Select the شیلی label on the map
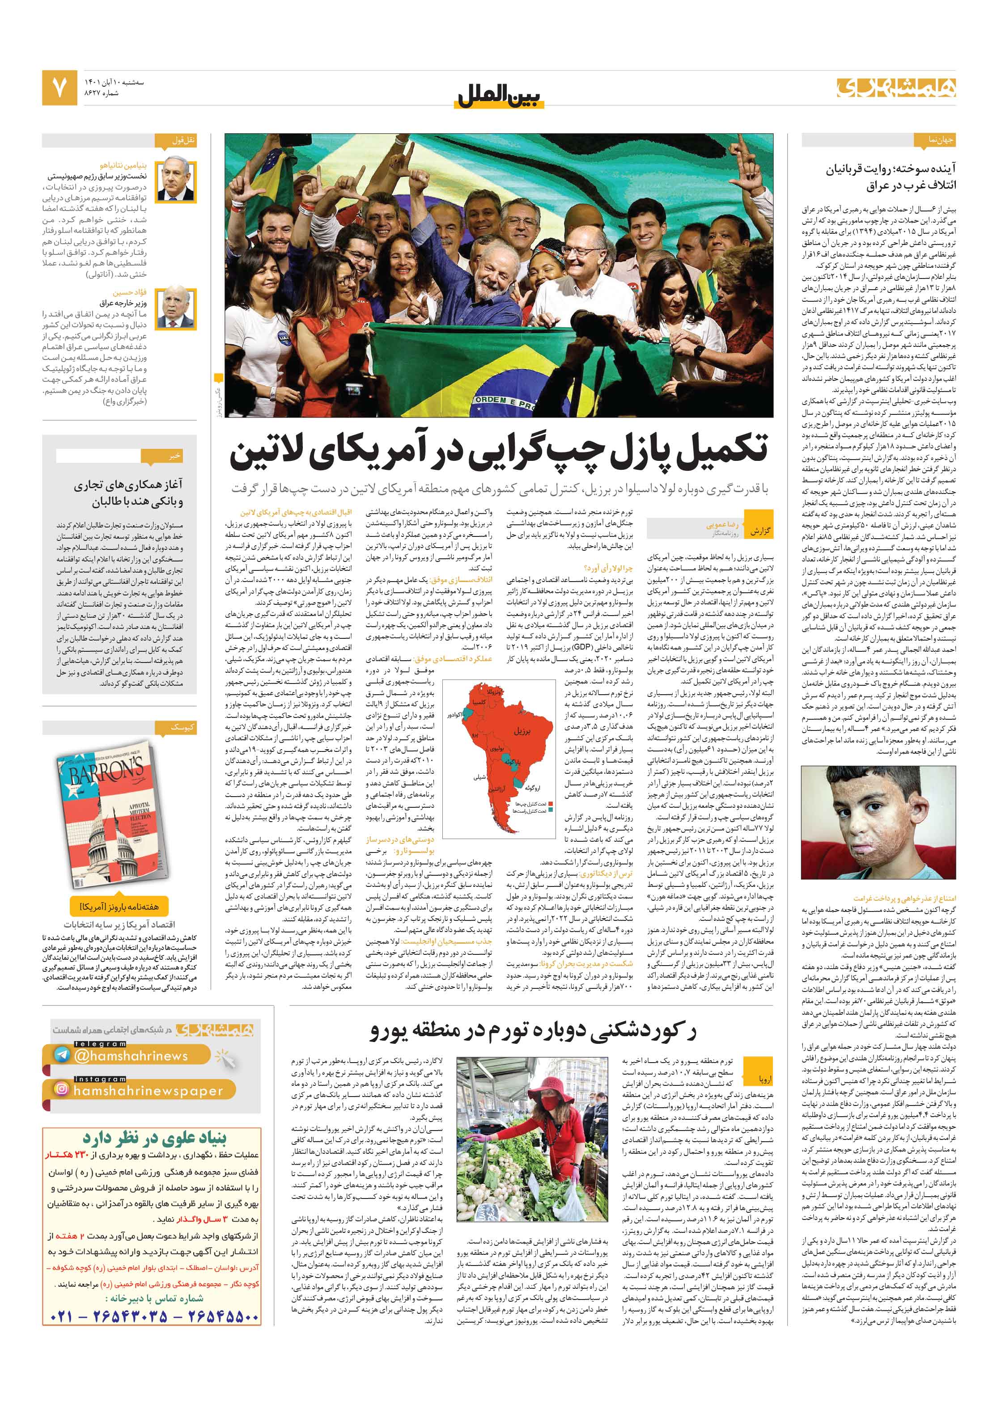coord(479,777)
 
